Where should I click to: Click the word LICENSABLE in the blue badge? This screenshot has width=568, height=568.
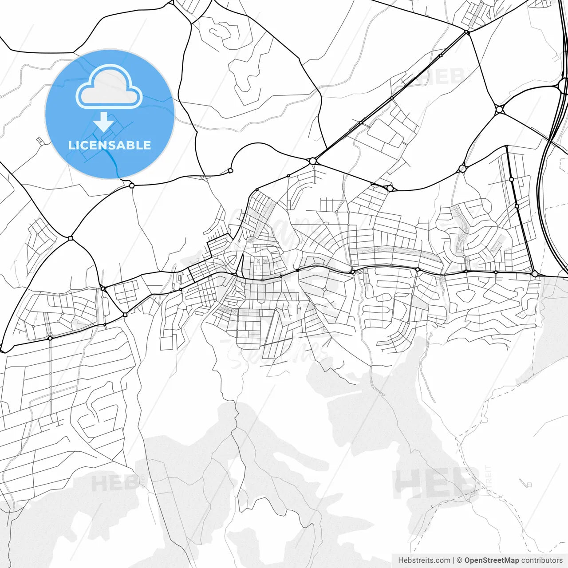[x=110, y=145]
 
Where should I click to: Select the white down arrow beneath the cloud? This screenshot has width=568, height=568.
[x=104, y=121]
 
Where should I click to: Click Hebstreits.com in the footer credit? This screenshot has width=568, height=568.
[x=424, y=560]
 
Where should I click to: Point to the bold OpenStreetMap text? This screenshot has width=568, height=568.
[x=492, y=560]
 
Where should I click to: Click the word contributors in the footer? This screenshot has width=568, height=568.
[x=542, y=560]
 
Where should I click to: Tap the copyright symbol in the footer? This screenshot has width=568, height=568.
[x=460, y=560]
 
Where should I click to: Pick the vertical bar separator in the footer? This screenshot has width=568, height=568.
[x=454, y=560]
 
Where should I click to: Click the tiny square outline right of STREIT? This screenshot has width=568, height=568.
[x=528, y=484]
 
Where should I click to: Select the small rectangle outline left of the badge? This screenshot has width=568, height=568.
[x=41, y=141]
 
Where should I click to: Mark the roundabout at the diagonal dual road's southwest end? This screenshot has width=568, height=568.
[x=313, y=161]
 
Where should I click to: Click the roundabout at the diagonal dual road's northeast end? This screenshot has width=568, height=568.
[x=467, y=32]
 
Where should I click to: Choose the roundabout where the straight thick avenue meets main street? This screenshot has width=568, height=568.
[x=535, y=274]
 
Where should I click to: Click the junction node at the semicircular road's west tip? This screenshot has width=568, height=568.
[x=230, y=170]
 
